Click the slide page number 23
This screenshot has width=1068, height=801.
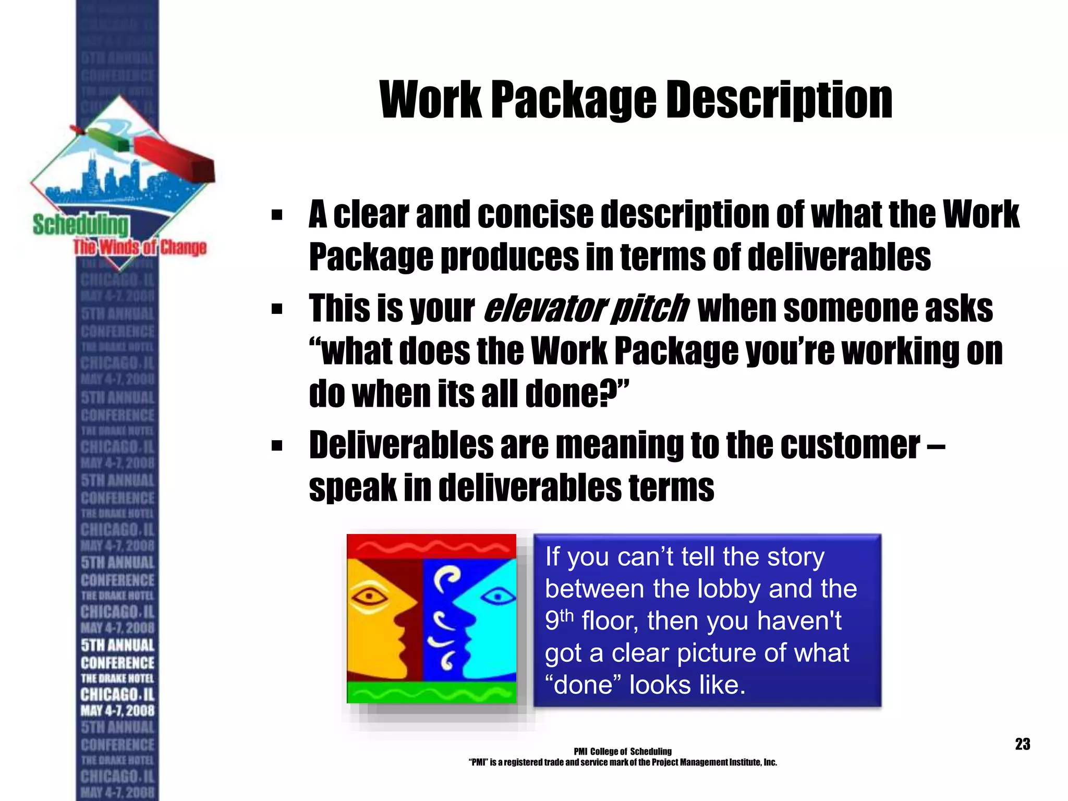click(x=1022, y=744)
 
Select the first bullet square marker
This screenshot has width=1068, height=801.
click(x=277, y=215)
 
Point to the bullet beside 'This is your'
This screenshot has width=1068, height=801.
click(x=277, y=309)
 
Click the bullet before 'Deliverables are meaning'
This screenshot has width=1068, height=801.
click(x=277, y=446)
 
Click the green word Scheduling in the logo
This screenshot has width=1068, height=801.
click(x=80, y=225)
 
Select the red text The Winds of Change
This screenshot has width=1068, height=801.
click(x=140, y=247)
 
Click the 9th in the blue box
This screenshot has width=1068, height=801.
click(x=559, y=621)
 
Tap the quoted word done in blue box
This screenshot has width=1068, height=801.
click(x=584, y=685)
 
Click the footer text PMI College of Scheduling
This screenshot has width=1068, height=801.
click(x=623, y=751)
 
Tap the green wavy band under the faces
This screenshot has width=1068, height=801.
click(x=431, y=693)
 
